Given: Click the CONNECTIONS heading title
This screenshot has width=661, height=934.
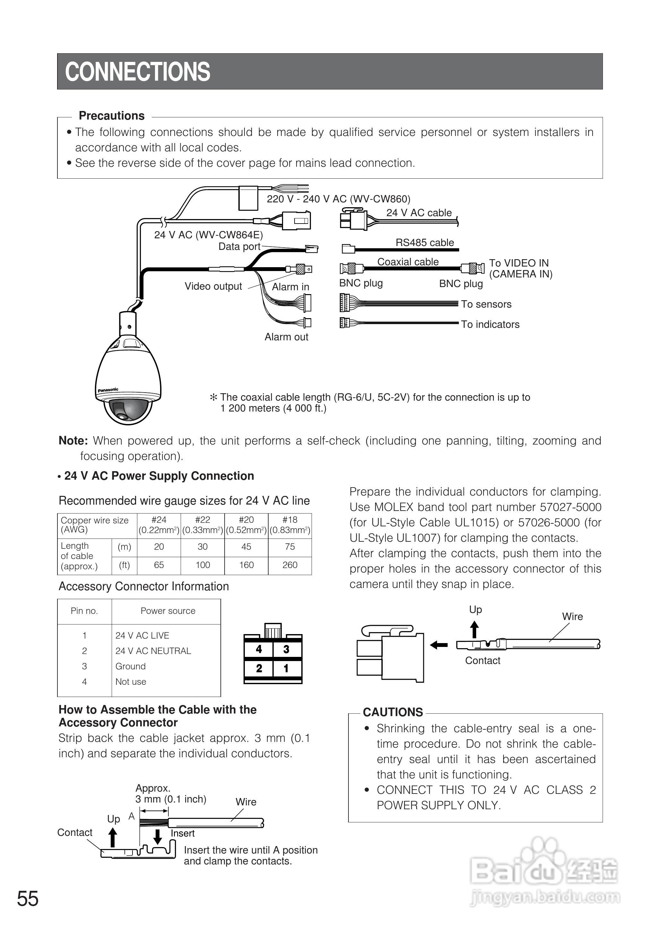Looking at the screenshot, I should (138, 72).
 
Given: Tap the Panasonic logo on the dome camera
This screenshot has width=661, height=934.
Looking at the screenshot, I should (108, 390).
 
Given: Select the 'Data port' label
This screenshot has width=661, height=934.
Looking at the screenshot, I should (239, 247).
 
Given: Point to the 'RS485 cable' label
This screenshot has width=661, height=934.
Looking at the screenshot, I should (425, 242).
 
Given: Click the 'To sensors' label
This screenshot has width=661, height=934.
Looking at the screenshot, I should (486, 304).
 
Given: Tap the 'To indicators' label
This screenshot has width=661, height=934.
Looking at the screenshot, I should (490, 324).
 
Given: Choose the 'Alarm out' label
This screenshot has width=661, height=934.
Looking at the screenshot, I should (286, 337).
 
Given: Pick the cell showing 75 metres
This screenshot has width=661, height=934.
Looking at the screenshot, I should (290, 547).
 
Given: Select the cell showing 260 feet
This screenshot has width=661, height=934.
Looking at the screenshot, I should (290, 565).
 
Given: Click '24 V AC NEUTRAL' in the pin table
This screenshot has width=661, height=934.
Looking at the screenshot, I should (153, 651).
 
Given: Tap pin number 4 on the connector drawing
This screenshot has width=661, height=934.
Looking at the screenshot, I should (259, 649).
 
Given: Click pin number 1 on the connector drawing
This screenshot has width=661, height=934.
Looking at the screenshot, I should (286, 668).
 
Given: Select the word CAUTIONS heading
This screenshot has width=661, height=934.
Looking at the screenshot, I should (393, 712).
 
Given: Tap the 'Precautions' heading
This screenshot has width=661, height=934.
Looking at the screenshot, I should (112, 116).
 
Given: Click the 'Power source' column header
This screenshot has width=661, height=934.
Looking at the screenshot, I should (168, 611).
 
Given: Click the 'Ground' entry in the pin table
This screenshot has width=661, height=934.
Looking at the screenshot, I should (130, 666).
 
